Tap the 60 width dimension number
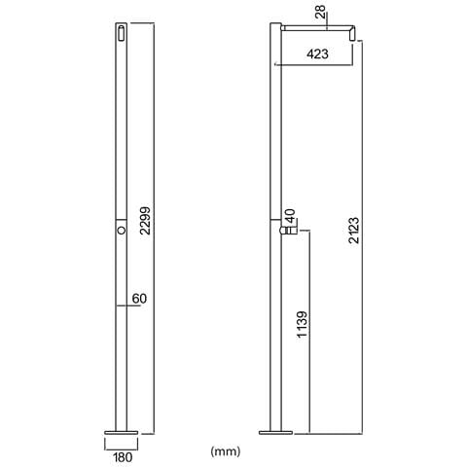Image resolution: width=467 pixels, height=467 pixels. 139,299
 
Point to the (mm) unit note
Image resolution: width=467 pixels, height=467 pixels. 225,451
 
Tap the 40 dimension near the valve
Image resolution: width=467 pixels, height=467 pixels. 289,215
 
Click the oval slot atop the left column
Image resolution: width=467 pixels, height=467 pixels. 118,32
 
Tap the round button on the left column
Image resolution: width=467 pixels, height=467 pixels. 118,231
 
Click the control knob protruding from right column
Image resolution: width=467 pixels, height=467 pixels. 289,232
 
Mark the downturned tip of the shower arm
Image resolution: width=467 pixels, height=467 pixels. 353,36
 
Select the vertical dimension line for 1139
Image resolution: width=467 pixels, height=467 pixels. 310,331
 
